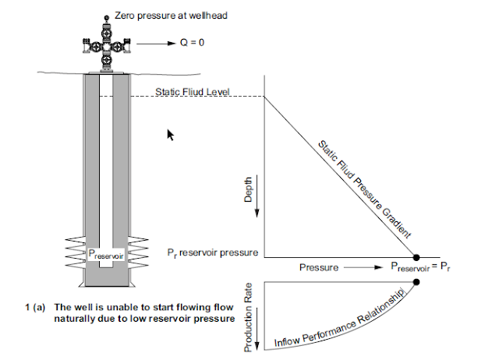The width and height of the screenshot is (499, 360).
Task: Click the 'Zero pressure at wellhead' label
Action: pos(171,16)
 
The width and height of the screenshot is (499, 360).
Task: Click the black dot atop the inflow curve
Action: pos(416,281)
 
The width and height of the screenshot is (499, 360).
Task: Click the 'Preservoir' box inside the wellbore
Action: pos(104,252)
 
